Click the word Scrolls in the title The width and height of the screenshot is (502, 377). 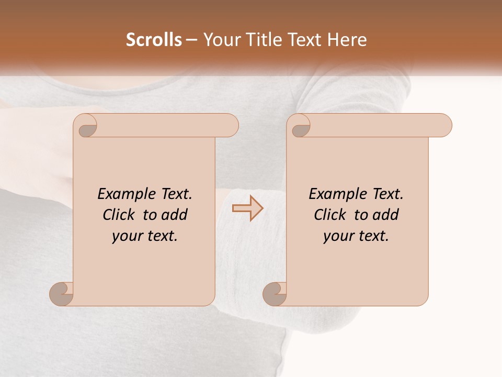point(154,40)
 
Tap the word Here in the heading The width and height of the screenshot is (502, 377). point(347,40)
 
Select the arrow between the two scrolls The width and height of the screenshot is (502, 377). point(247,208)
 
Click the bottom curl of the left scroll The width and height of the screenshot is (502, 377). point(62,294)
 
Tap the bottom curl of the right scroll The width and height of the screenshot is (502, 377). point(275,294)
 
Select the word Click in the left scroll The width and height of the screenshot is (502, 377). point(121,215)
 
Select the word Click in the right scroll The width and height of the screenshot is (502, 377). point(332,215)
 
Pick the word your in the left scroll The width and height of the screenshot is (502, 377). point(125,237)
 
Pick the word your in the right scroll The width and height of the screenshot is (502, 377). point(337,237)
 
